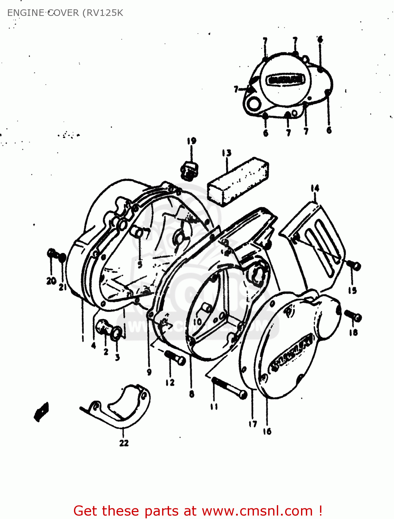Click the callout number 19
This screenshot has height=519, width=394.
click(191, 141)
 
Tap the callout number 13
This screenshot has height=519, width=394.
click(227, 153)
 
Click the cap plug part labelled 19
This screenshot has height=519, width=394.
click(189, 170)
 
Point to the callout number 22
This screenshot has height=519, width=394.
click(124, 443)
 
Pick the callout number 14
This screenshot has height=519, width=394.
click(315, 188)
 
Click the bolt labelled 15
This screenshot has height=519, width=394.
click(354, 265)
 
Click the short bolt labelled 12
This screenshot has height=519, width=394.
click(176, 358)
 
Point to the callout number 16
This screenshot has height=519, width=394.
click(267, 431)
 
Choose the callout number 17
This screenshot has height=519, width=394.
click(253, 424)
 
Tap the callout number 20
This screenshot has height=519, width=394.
click(51, 281)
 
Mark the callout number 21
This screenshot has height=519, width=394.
click(63, 287)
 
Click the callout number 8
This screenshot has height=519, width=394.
click(192, 393)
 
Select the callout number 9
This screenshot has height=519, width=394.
click(149, 372)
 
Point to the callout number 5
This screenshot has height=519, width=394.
click(140, 265)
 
